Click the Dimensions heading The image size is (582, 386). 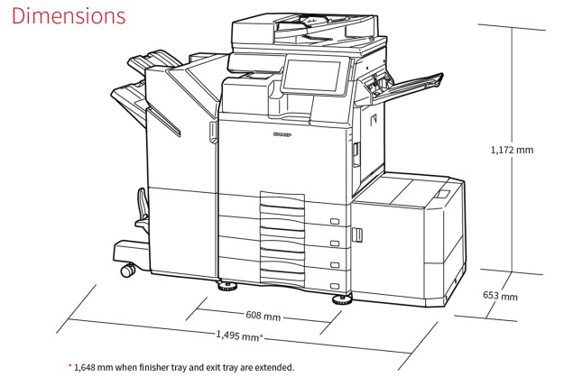pos(69,16)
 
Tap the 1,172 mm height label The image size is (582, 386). pos(512,150)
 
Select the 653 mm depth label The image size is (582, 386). pos(500,296)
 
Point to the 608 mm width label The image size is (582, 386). pos(263,316)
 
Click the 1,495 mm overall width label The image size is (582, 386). pos(237,335)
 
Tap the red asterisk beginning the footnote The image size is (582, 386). pos(69,366)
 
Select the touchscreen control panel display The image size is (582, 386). pos(311,76)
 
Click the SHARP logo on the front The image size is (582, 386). pos(282,134)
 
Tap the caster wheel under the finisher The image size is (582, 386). pos(128,270)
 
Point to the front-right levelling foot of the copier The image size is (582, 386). pos(342,300)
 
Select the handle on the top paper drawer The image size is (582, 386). pos(335,222)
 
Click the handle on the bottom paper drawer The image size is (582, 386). pos(335,286)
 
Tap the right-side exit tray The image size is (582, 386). pos(406,87)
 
